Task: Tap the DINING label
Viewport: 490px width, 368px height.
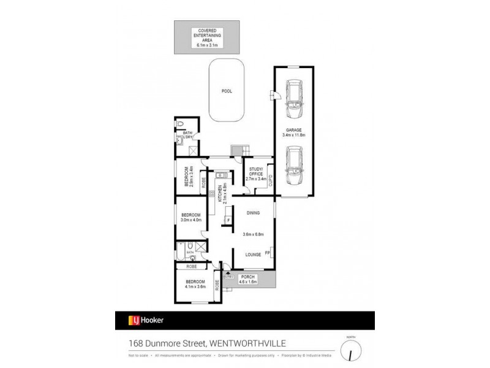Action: (x=253, y=213)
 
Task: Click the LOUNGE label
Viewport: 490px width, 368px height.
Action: (x=253, y=254)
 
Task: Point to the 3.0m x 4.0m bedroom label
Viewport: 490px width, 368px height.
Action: (x=190, y=217)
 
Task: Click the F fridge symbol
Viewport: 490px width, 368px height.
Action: (x=228, y=220)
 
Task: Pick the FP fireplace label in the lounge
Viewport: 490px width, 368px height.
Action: (x=268, y=252)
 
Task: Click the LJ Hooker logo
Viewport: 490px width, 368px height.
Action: (x=145, y=320)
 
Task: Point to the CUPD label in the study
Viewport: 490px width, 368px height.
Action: (x=269, y=179)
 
